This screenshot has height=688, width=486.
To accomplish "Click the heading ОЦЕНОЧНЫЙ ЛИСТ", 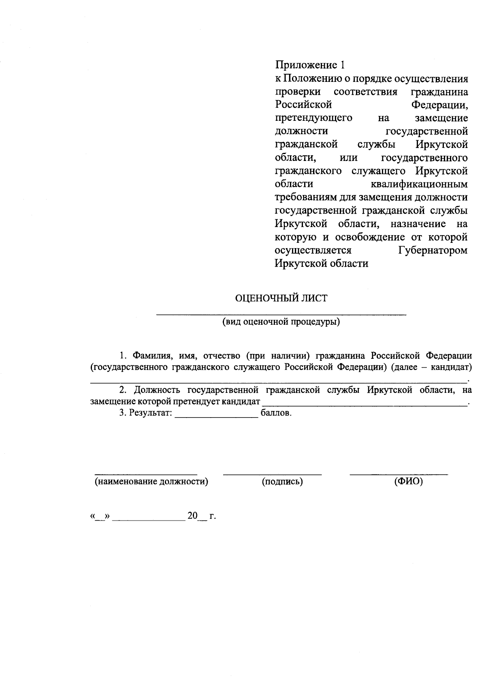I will (281, 298).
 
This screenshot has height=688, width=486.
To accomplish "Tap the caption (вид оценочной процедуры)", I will (281, 322).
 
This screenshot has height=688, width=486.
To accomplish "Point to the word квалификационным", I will (419, 184).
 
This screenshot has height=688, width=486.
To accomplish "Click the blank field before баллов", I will (216, 416).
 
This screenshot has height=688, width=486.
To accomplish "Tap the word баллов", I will (276, 414).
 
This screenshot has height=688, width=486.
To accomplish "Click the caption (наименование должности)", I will (151, 482).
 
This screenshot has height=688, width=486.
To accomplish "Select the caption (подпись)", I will (282, 482).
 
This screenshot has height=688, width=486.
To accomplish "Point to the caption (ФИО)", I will (408, 482).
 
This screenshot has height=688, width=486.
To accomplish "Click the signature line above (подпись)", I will (272, 473).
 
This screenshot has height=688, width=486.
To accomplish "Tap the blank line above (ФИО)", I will (399, 473).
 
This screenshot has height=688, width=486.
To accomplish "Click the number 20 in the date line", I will (192, 516).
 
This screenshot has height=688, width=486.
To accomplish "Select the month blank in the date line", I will (148, 519).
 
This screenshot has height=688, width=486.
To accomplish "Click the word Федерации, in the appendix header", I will (439, 105).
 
